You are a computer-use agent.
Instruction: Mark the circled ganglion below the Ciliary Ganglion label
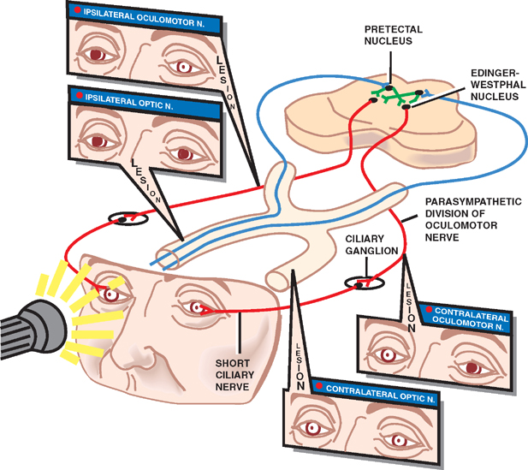coord(359,282)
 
